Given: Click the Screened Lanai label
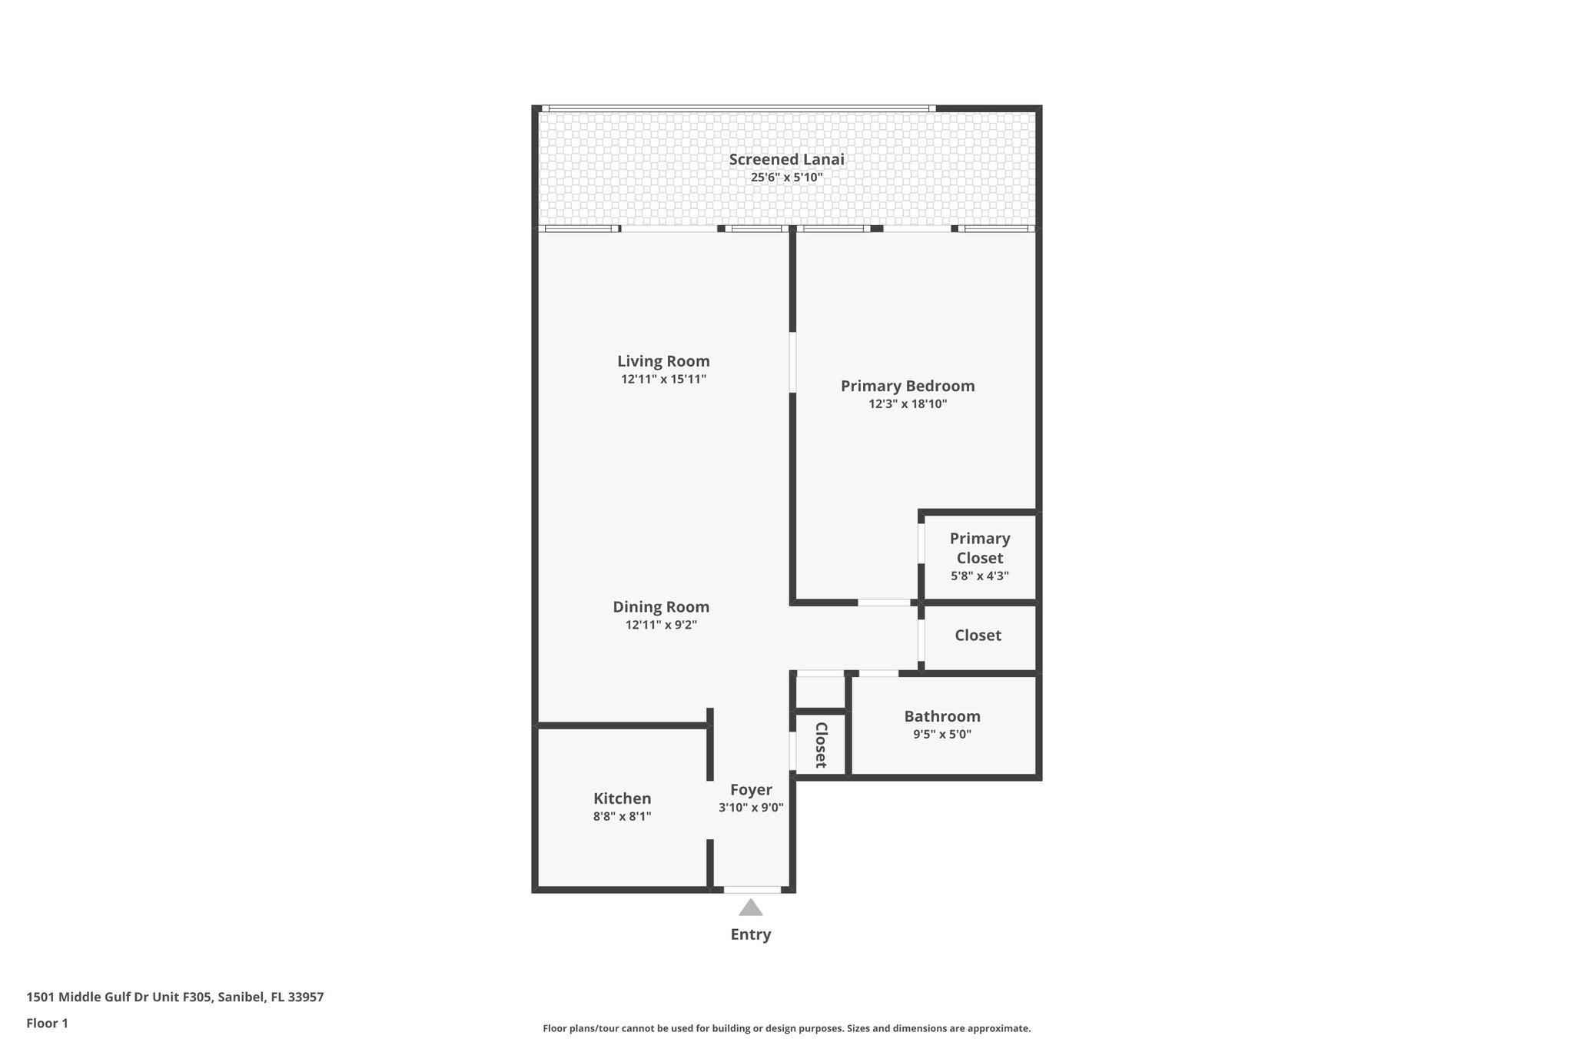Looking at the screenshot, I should pyautogui.click(x=786, y=160).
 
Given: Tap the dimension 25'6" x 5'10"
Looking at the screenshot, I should pyautogui.click(x=786, y=178).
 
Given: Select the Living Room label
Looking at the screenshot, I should pyautogui.click(x=663, y=361).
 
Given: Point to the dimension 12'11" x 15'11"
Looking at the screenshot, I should pyautogui.click(x=663, y=379).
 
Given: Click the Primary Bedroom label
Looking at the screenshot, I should pyautogui.click(x=907, y=386).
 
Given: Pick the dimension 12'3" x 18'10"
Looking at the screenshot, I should pyautogui.click(x=907, y=404).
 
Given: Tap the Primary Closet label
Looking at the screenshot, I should pyautogui.click(x=979, y=548).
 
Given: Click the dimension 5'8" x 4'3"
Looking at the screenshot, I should pyautogui.click(x=979, y=576).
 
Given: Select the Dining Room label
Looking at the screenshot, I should pyautogui.click(x=660, y=607).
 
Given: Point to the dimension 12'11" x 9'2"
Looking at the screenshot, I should pyautogui.click(x=660, y=625).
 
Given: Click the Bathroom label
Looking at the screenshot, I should pyautogui.click(x=941, y=716).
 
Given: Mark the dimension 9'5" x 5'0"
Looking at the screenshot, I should pyautogui.click(x=941, y=734).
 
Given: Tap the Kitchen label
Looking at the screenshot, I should pyautogui.click(x=622, y=798).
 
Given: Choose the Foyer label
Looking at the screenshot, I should pyautogui.click(x=751, y=790).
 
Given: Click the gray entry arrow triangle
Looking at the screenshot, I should pyautogui.click(x=751, y=908).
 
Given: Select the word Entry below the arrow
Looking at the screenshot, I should pyautogui.click(x=750, y=934).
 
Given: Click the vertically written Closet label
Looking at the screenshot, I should pyautogui.click(x=820, y=745).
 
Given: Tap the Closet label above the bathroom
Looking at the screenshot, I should pyautogui.click(x=978, y=636).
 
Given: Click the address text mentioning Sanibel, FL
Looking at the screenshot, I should pyautogui.click(x=175, y=997).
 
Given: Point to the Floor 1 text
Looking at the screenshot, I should pyautogui.click(x=47, y=1023).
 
